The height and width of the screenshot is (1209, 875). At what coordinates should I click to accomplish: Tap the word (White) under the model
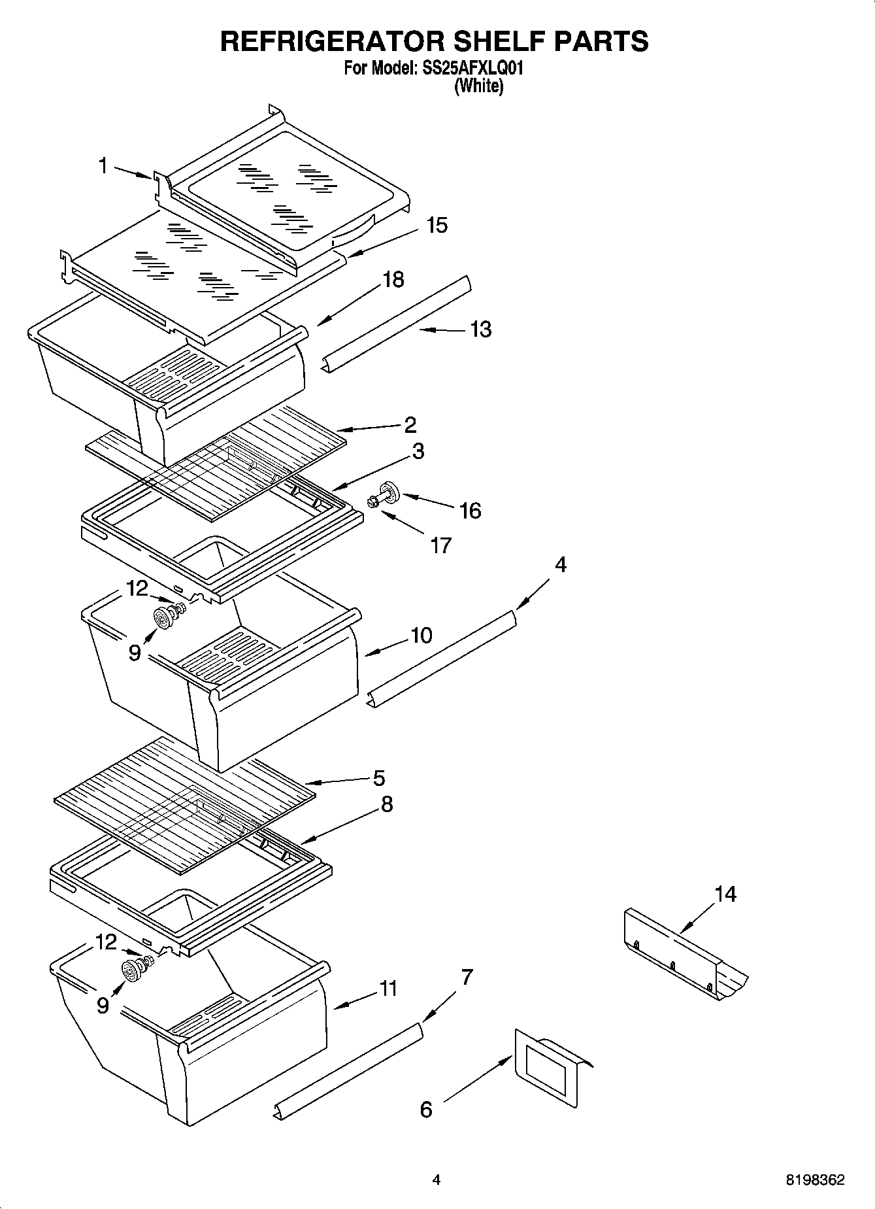[478, 86]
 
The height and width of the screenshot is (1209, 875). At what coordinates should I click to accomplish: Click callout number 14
[724, 893]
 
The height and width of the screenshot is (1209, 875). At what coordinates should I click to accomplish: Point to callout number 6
[426, 1110]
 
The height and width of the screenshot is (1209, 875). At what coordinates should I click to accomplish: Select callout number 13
[480, 329]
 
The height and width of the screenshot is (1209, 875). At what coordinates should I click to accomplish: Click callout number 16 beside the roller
[471, 510]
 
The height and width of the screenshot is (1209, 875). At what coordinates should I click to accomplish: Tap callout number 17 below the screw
[440, 545]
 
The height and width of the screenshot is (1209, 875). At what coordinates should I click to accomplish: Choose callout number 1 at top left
[103, 166]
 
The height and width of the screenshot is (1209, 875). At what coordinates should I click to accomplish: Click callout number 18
[393, 280]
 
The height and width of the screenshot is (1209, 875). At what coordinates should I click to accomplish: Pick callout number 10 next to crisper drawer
[421, 635]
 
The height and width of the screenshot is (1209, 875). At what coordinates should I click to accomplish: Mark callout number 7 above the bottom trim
[467, 978]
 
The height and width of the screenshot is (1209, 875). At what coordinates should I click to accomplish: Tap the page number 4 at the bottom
[437, 1180]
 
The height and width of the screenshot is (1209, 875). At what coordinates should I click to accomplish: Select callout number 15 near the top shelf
[437, 225]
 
